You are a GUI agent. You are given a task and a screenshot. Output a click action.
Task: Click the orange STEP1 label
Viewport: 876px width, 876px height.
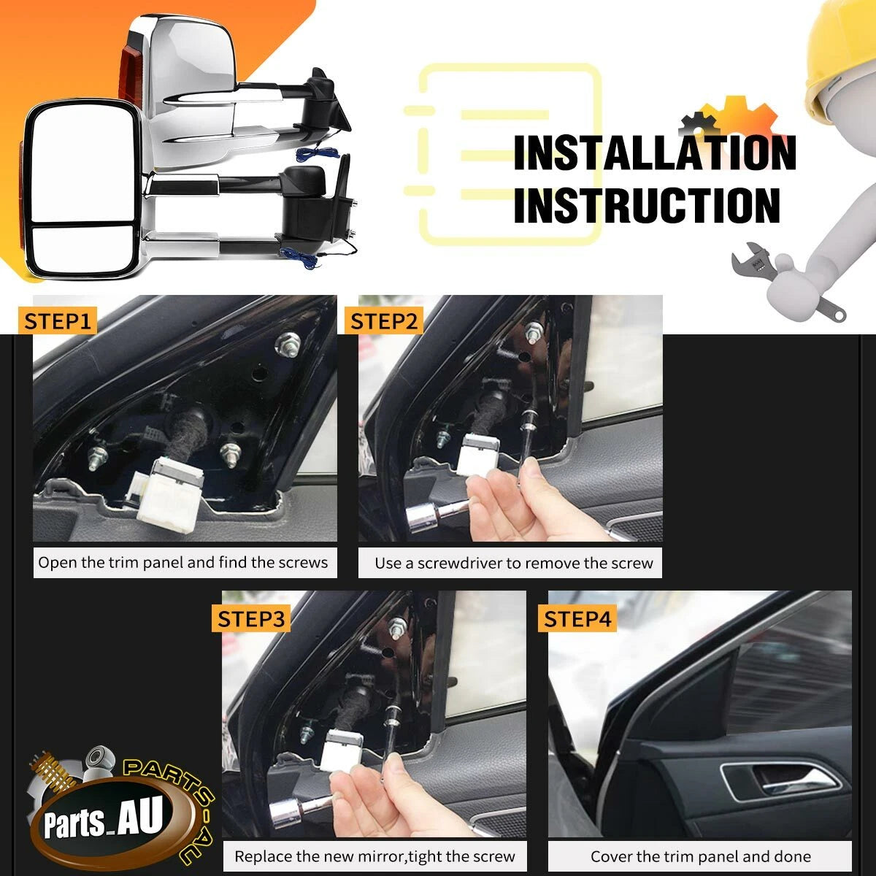point(57,321)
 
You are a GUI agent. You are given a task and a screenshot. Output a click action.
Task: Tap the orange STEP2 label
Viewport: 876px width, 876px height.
point(384,321)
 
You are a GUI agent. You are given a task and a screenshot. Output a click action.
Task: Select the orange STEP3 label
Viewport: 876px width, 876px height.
point(251,619)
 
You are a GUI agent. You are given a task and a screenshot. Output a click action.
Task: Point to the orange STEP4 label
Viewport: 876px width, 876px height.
point(577,619)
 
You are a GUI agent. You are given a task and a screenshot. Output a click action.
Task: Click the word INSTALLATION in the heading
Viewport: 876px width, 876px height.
point(655,153)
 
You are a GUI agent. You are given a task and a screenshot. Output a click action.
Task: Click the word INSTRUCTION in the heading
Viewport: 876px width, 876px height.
point(647,205)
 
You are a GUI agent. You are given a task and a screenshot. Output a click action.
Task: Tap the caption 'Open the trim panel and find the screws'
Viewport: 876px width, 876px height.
point(182,563)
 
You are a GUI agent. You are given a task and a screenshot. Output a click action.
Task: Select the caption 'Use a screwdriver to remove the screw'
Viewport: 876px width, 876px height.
point(514,564)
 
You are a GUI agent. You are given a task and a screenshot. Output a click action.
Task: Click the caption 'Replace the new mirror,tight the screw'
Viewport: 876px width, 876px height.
point(374,856)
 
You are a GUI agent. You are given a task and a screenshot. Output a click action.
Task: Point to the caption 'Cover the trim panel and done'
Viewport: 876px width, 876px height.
point(701,856)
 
